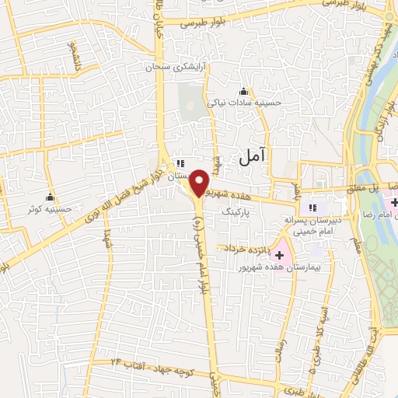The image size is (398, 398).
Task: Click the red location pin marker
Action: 200,183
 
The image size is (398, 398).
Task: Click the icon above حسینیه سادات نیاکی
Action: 244,90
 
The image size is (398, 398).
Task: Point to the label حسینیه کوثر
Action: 44,208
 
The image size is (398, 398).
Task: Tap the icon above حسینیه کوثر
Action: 51,196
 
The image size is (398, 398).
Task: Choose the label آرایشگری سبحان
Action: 173,68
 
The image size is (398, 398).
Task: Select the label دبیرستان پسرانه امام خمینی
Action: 326,219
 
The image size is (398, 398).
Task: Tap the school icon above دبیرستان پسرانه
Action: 312,207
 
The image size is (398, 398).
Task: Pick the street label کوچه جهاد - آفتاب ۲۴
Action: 147,361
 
